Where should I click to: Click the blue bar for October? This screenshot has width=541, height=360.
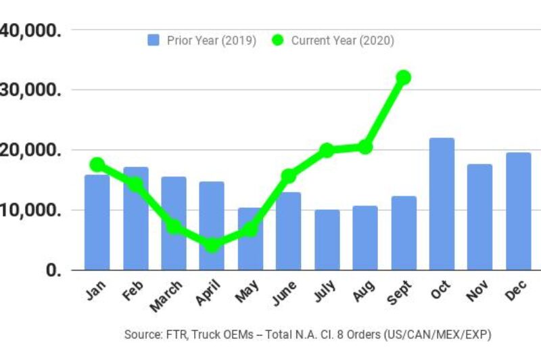click(442, 204)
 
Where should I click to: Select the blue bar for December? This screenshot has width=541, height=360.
click(519, 211)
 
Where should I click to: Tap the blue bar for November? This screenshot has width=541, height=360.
click(480, 217)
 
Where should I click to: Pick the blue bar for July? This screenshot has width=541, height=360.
click(327, 240)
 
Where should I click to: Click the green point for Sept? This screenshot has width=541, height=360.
click(404, 77)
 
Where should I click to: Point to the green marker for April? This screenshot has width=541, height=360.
click(212, 245)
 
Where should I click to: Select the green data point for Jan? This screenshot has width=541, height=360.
click(97, 164)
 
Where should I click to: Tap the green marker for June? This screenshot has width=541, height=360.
click(289, 176)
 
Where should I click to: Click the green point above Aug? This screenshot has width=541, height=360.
click(365, 147)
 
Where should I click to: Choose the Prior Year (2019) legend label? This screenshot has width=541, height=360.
click(211, 41)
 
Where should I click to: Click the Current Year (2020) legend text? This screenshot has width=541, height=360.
click(342, 41)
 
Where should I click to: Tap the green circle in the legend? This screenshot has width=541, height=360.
click(278, 41)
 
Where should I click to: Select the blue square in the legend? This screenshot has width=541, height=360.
click(154, 41)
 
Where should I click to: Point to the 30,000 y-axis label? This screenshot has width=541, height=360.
click(30, 90)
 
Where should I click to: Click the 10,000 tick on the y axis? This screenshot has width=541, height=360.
click(30, 210)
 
